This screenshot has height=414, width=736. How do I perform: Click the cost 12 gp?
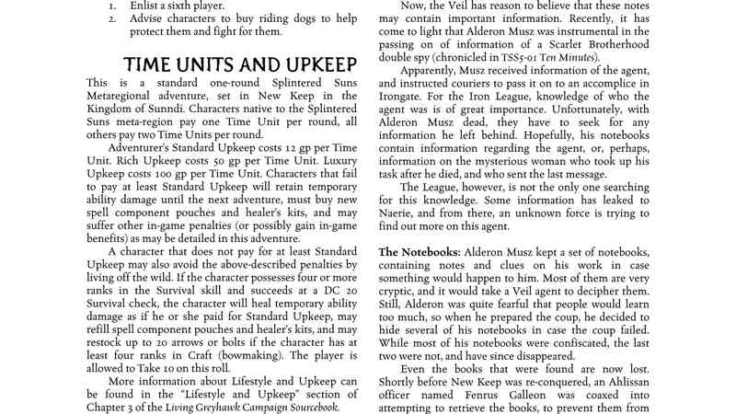click(x=269, y=148)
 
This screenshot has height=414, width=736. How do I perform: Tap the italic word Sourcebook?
click(x=307, y=407)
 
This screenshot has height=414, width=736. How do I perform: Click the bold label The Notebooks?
click(x=420, y=251)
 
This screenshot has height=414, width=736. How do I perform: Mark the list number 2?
click(x=112, y=17)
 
